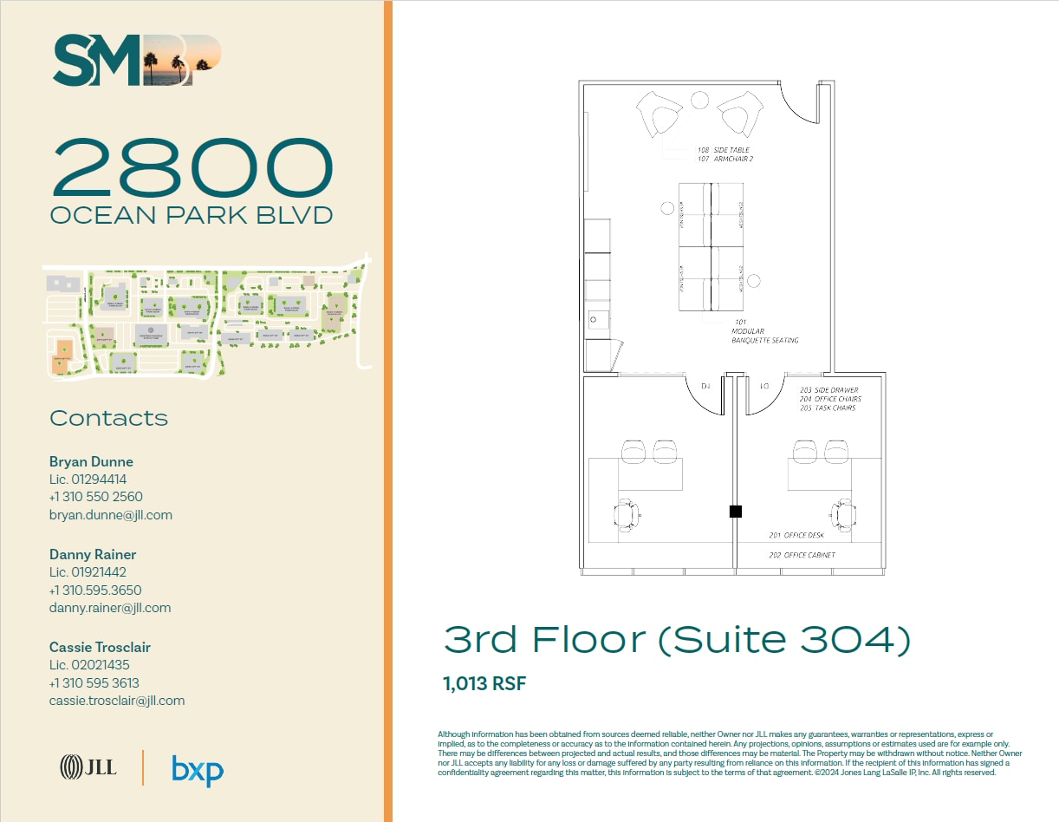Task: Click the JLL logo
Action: click(x=88, y=767)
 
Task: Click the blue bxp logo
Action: click(x=198, y=770)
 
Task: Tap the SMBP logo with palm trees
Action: click(x=138, y=61)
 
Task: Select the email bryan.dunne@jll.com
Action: click(x=111, y=515)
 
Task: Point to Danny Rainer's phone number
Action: click(x=95, y=590)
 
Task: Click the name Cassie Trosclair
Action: click(x=100, y=647)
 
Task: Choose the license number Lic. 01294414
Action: click(x=88, y=479)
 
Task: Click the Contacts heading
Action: click(x=109, y=418)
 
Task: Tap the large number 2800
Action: click(x=192, y=168)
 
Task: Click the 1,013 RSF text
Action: click(x=484, y=683)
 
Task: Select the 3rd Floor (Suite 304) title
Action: click(x=677, y=640)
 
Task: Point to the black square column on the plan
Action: click(x=735, y=512)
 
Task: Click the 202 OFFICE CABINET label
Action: click(x=802, y=555)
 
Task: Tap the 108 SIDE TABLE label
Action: click(x=724, y=150)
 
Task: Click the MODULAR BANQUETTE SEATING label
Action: click(x=764, y=336)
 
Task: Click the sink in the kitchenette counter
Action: click(x=594, y=319)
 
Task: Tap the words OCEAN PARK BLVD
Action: click(x=192, y=215)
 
